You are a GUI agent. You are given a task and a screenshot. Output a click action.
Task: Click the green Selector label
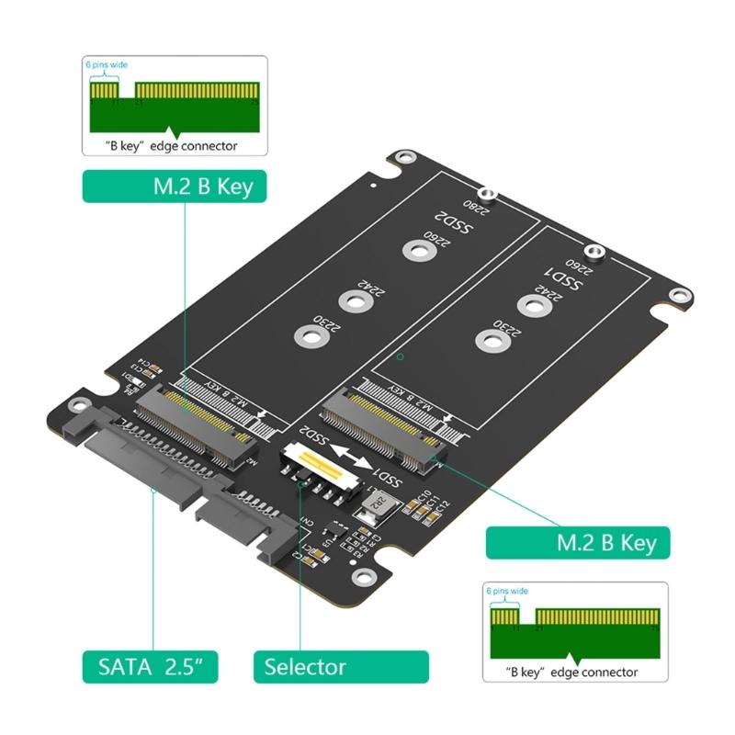tap(341, 666)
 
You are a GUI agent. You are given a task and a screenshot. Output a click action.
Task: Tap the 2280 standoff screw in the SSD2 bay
tap(491, 195)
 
